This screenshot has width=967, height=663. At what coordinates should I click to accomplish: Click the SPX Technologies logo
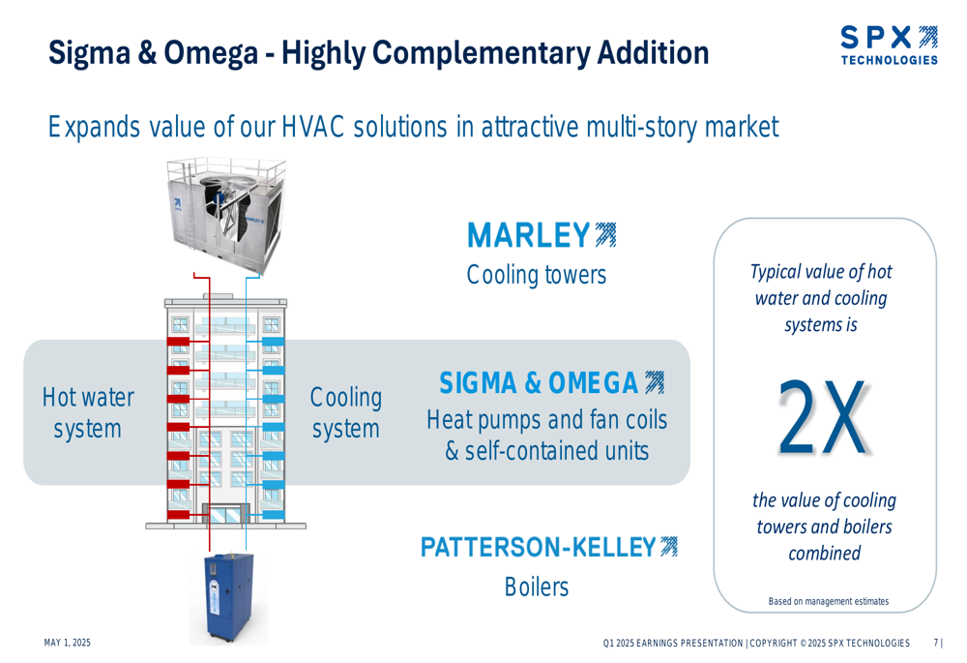(889, 45)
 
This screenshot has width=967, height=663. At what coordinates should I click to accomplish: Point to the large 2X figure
(823, 417)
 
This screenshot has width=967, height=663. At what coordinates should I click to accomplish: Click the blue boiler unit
(229, 597)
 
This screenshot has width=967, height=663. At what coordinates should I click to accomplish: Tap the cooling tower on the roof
(225, 215)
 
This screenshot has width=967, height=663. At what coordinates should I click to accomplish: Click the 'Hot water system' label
(88, 413)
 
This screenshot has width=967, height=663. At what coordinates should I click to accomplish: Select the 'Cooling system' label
(345, 413)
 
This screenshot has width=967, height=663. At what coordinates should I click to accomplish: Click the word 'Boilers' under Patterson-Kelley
(537, 587)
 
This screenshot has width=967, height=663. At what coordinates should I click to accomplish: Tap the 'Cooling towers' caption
(537, 275)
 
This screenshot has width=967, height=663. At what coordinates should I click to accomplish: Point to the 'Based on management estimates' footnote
(829, 601)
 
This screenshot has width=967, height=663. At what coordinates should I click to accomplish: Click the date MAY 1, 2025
(68, 643)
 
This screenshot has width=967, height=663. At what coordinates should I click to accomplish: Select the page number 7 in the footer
(936, 643)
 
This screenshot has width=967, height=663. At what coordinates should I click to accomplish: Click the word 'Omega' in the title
(210, 53)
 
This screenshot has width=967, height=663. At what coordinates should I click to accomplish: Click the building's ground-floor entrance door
(226, 514)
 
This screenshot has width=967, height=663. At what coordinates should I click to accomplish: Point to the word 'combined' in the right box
(825, 553)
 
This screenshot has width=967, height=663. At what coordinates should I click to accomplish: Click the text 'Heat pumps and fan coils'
(547, 420)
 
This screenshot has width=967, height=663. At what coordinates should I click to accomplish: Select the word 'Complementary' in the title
(481, 53)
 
